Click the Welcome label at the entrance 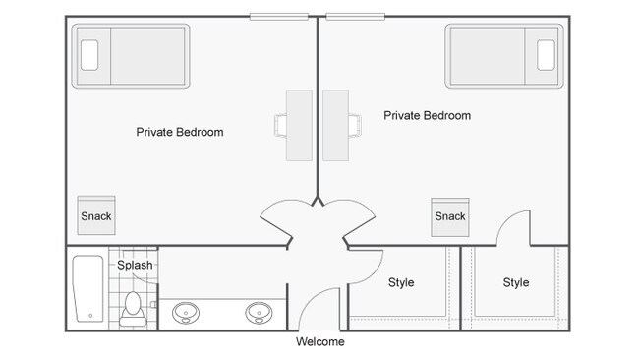(x=320, y=342)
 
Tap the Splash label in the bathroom (x=135, y=265)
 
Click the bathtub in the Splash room (x=88, y=290)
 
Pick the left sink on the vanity (x=185, y=314)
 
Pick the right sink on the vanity (x=260, y=314)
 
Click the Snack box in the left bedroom (x=95, y=216)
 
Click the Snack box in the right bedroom (x=449, y=216)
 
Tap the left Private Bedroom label (x=180, y=132)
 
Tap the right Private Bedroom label (x=427, y=115)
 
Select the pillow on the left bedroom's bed (x=89, y=54)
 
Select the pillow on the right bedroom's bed (x=547, y=54)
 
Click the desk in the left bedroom (x=299, y=125)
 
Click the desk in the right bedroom (x=336, y=125)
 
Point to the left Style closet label (x=401, y=282)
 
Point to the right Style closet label (x=516, y=282)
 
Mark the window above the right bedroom (x=355, y=16)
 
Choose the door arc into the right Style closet (x=513, y=228)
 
